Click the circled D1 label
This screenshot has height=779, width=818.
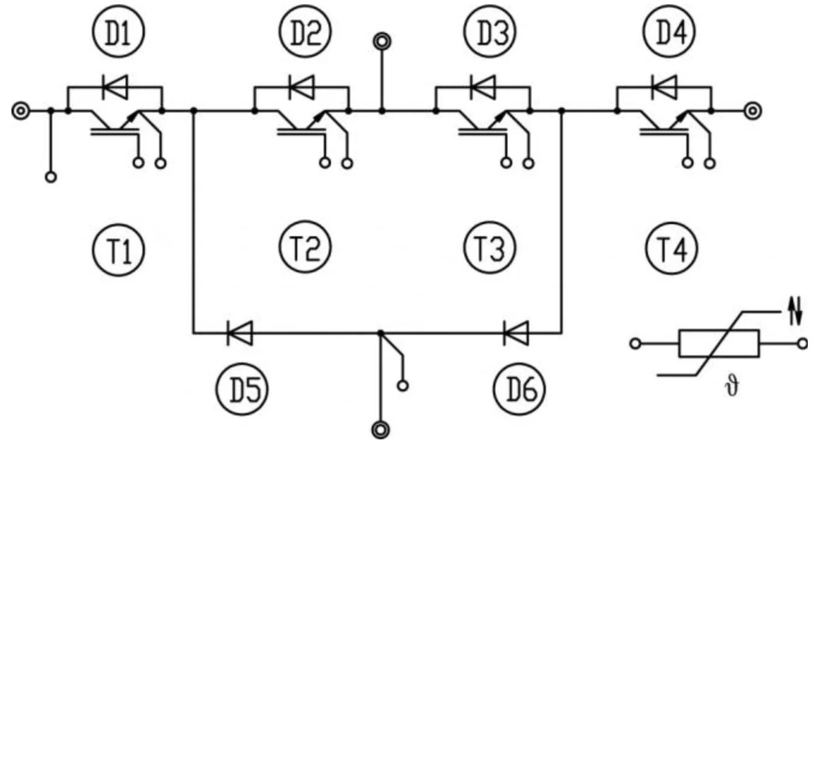[118, 32]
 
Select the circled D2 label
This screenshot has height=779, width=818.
[305, 32]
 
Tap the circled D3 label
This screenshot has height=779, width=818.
[490, 32]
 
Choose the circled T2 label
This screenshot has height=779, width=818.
[305, 247]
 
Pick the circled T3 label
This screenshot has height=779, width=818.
[490, 247]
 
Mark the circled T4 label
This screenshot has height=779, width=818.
[671, 248]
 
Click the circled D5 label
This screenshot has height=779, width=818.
[241, 389]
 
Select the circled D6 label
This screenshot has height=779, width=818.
[520, 389]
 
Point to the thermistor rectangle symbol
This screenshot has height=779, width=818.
[719, 344]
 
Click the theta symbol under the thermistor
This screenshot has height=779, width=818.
[732, 385]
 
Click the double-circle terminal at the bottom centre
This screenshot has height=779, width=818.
[380, 430]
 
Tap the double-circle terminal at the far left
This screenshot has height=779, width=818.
[20, 111]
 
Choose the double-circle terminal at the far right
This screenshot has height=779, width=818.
[753, 111]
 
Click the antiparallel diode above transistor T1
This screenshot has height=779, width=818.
[114, 88]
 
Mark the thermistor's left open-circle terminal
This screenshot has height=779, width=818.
[635, 344]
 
